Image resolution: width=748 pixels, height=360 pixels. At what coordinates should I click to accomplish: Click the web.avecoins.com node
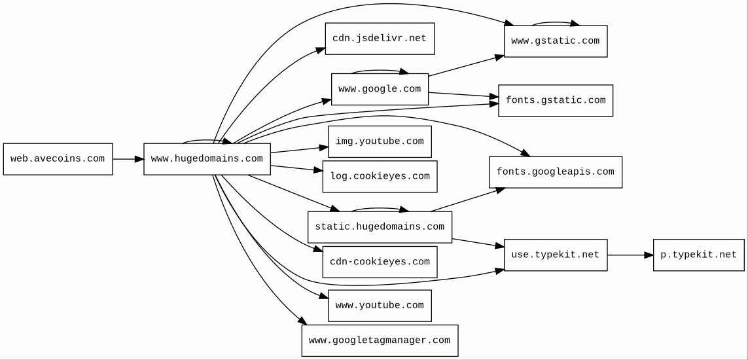pyautogui.click(x=58, y=159)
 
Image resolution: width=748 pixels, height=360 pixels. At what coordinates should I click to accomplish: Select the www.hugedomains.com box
pyautogui.click(x=207, y=159)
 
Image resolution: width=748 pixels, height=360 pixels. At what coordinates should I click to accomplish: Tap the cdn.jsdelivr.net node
pyautogui.click(x=380, y=39)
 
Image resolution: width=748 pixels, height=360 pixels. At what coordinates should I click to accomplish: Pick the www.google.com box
pyautogui.click(x=380, y=89)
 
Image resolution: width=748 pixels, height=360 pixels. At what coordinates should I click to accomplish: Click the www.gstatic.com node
pyautogui.click(x=556, y=41)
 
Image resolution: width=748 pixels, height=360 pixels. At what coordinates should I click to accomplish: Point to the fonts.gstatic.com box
pyautogui.click(x=556, y=101)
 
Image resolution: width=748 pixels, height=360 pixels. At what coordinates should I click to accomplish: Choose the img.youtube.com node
pyautogui.click(x=380, y=141)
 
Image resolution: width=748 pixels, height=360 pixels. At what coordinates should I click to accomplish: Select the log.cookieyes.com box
pyautogui.click(x=380, y=177)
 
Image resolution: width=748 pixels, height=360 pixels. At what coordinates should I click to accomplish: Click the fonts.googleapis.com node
pyautogui.click(x=556, y=172)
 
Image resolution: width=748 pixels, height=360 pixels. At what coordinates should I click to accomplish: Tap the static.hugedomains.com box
pyautogui.click(x=380, y=227)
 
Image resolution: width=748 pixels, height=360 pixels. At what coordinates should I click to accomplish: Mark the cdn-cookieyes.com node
pyautogui.click(x=380, y=262)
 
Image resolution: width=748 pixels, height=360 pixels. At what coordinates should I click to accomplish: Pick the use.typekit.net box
pyautogui.click(x=556, y=255)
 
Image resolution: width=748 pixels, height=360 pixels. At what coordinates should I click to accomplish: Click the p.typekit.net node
pyautogui.click(x=698, y=255)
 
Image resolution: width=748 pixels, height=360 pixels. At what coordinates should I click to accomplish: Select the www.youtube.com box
pyautogui.click(x=380, y=306)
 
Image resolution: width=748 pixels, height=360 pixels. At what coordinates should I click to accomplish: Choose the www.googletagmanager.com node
pyautogui.click(x=380, y=340)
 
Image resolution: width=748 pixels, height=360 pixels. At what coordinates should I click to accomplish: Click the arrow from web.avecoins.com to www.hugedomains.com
pyautogui.click(x=128, y=159)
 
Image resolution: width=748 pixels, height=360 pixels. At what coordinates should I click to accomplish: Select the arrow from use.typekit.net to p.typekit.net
pyautogui.click(x=630, y=255)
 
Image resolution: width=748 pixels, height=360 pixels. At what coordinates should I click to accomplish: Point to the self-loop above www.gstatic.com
pyautogui.click(x=556, y=22)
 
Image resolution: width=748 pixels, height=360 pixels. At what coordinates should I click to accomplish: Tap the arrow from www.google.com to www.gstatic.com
pyautogui.click(x=466, y=66)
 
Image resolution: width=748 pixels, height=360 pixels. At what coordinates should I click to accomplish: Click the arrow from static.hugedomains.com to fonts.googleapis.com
pyautogui.click(x=467, y=200)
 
